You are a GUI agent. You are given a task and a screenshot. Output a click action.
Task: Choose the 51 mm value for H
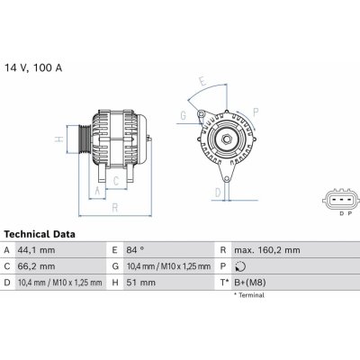click(x=144, y=283)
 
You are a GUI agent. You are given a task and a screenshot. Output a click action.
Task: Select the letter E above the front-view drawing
click(x=202, y=80)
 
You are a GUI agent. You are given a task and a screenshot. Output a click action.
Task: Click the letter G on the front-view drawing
click(x=183, y=114)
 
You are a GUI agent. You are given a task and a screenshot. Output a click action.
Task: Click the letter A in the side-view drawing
click(x=96, y=191)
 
